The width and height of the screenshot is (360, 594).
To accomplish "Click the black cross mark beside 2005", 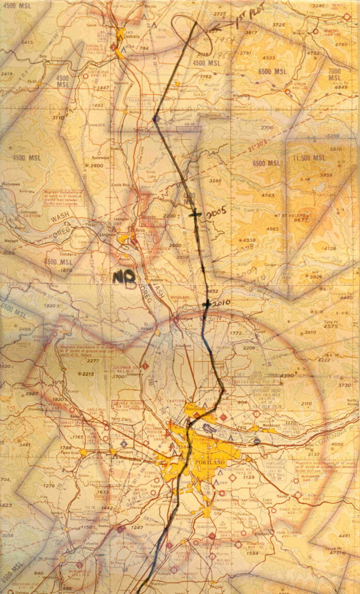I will pyautogui.click(x=194, y=214).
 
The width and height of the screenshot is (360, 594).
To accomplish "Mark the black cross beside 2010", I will pyautogui.click(x=206, y=304).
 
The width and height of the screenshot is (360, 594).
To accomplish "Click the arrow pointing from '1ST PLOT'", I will pyautogui.click(x=221, y=26).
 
